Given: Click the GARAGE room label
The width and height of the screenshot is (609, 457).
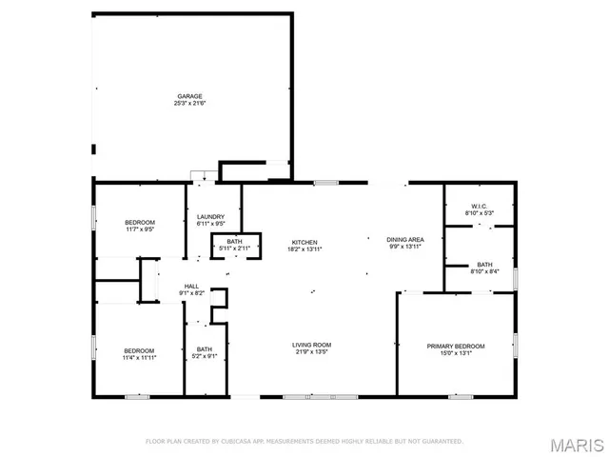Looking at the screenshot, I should [190, 96].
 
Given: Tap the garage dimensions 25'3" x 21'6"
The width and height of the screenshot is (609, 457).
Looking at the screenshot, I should [190, 104].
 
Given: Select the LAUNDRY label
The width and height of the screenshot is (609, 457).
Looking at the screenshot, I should [210, 218].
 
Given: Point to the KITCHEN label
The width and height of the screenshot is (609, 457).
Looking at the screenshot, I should [304, 242].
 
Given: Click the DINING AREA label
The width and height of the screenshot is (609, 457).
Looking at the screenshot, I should [404, 239].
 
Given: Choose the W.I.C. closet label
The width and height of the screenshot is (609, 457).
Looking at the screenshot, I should [479, 207].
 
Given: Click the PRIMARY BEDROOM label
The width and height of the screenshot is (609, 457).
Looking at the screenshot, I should [456, 346].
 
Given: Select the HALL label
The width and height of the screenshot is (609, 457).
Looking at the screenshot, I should [191, 286].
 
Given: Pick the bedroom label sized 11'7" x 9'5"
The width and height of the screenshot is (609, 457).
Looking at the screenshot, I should [139, 222].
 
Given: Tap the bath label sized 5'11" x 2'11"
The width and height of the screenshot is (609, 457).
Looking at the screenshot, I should [234, 241].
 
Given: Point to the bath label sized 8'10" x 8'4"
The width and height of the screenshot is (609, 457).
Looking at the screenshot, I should [484, 265].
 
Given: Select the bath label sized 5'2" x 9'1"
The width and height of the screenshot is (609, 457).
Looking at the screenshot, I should [204, 349].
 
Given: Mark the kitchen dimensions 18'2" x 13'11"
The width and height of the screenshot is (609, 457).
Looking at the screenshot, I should [304, 248].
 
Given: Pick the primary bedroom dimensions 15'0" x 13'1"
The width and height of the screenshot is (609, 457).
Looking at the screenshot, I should [456, 352].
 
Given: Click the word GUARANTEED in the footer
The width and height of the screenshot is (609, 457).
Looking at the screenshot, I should [442, 442].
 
